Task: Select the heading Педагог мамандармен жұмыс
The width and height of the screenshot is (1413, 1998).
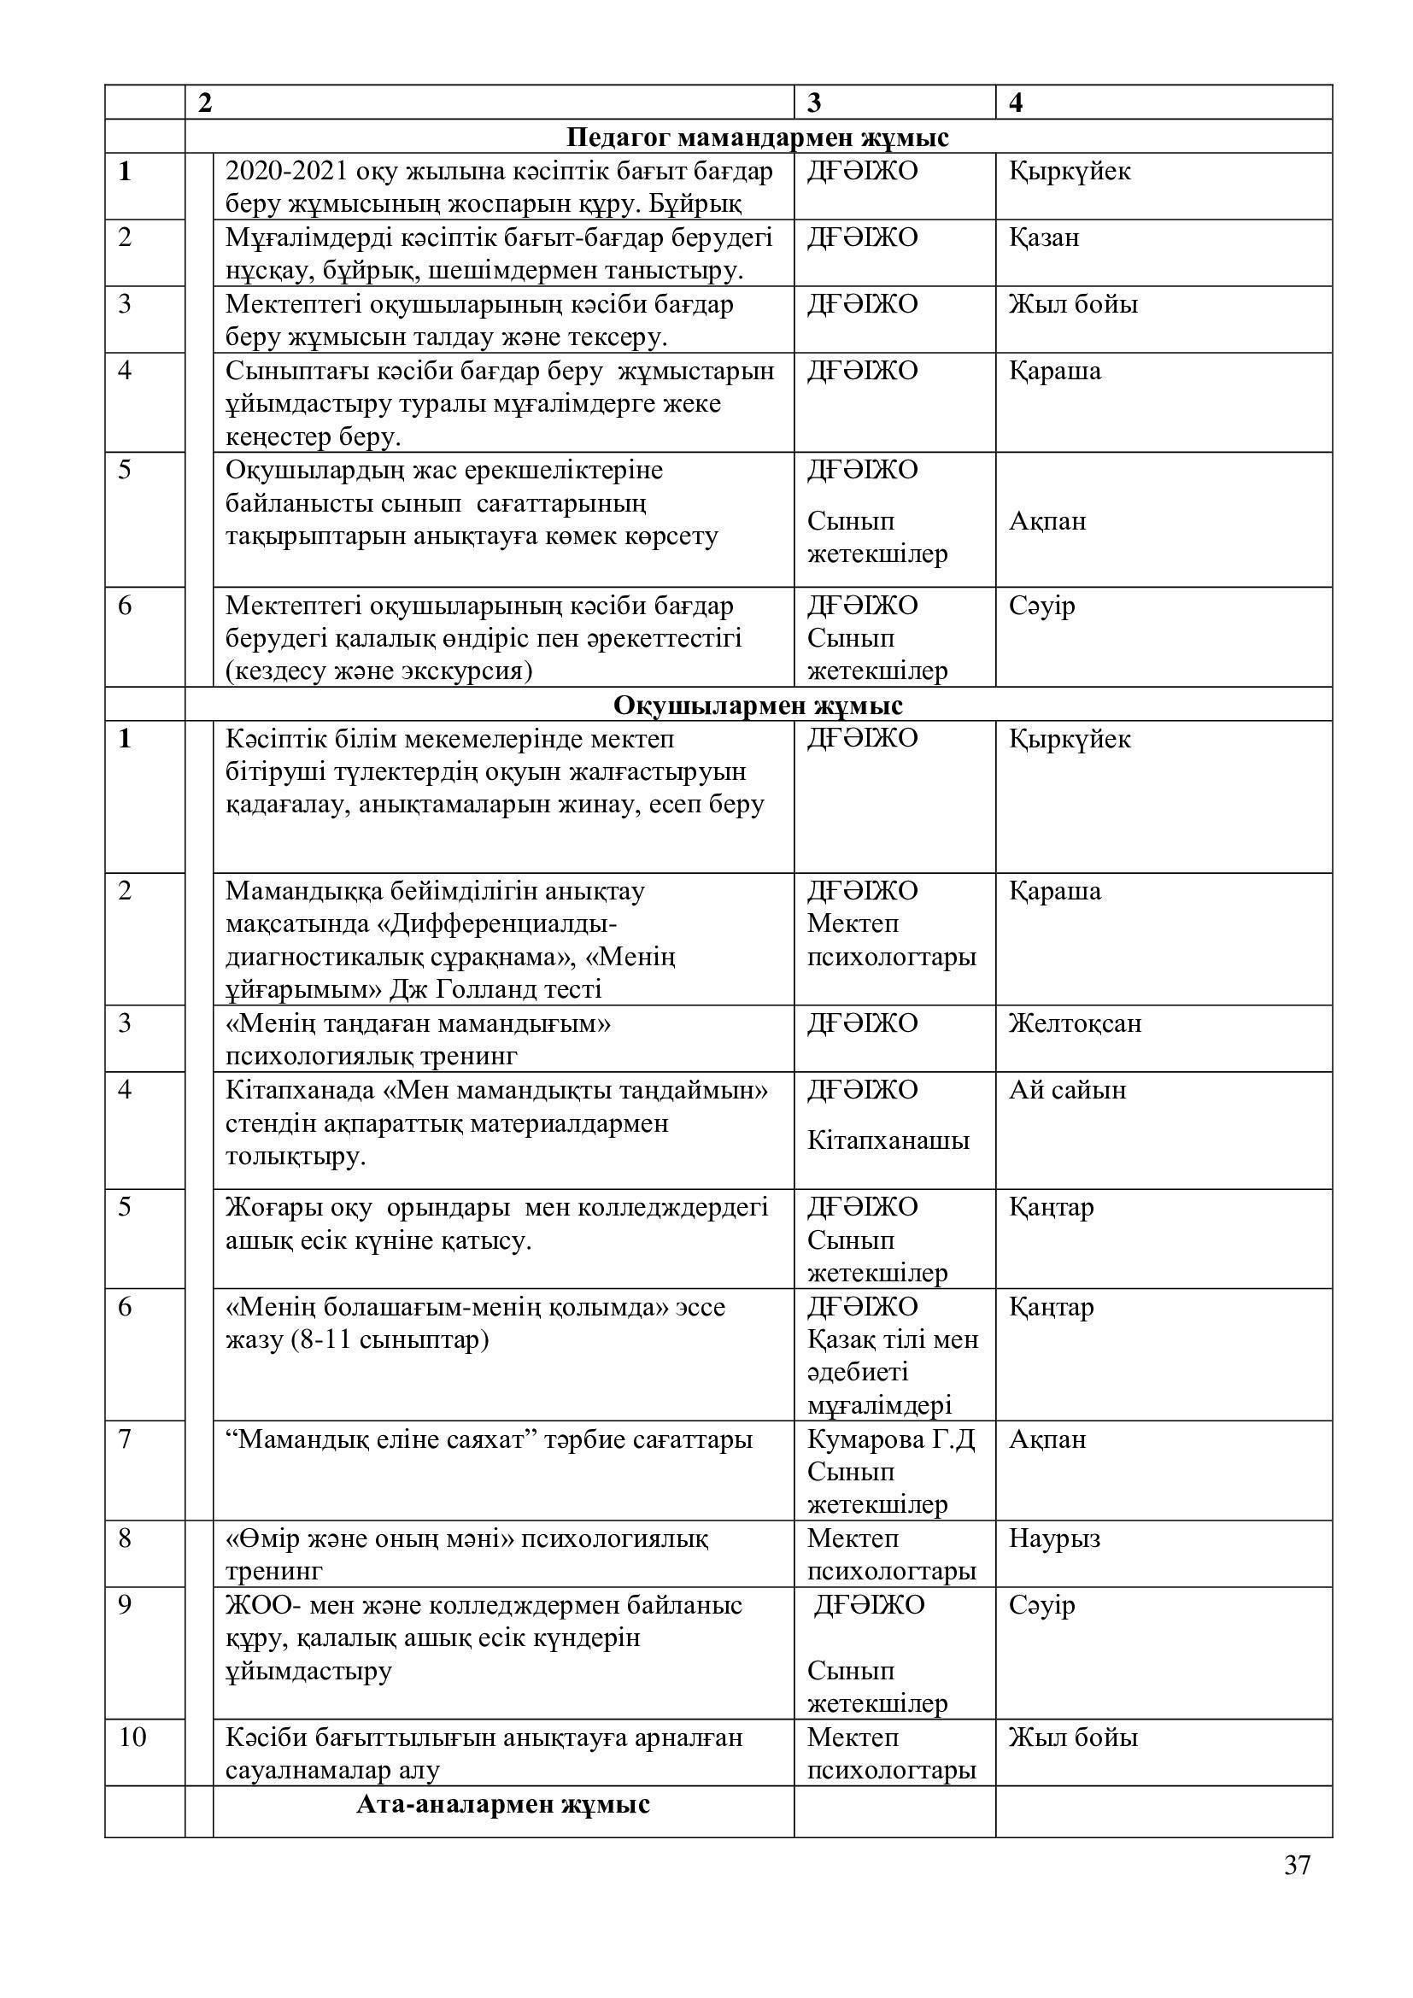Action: [x=757, y=138]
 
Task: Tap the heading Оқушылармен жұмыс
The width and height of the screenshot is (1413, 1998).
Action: [x=757, y=705]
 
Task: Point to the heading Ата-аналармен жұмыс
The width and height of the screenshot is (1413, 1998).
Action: [x=503, y=1804]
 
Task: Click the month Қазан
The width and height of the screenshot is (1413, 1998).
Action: [x=1044, y=237]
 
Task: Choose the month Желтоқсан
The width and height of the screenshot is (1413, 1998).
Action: [x=1075, y=1022]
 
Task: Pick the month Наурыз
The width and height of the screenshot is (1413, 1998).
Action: [x=1054, y=1538]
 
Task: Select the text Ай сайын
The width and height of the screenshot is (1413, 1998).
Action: [x=1068, y=1089]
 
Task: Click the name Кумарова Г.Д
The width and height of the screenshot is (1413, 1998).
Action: [x=891, y=1438]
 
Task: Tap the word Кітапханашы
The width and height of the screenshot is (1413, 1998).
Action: [x=888, y=1140]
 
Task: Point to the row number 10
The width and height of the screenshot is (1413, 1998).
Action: [x=132, y=1737]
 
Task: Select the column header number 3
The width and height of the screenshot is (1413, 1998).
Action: [x=814, y=103]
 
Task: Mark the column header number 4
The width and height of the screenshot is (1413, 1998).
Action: [x=1017, y=103]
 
